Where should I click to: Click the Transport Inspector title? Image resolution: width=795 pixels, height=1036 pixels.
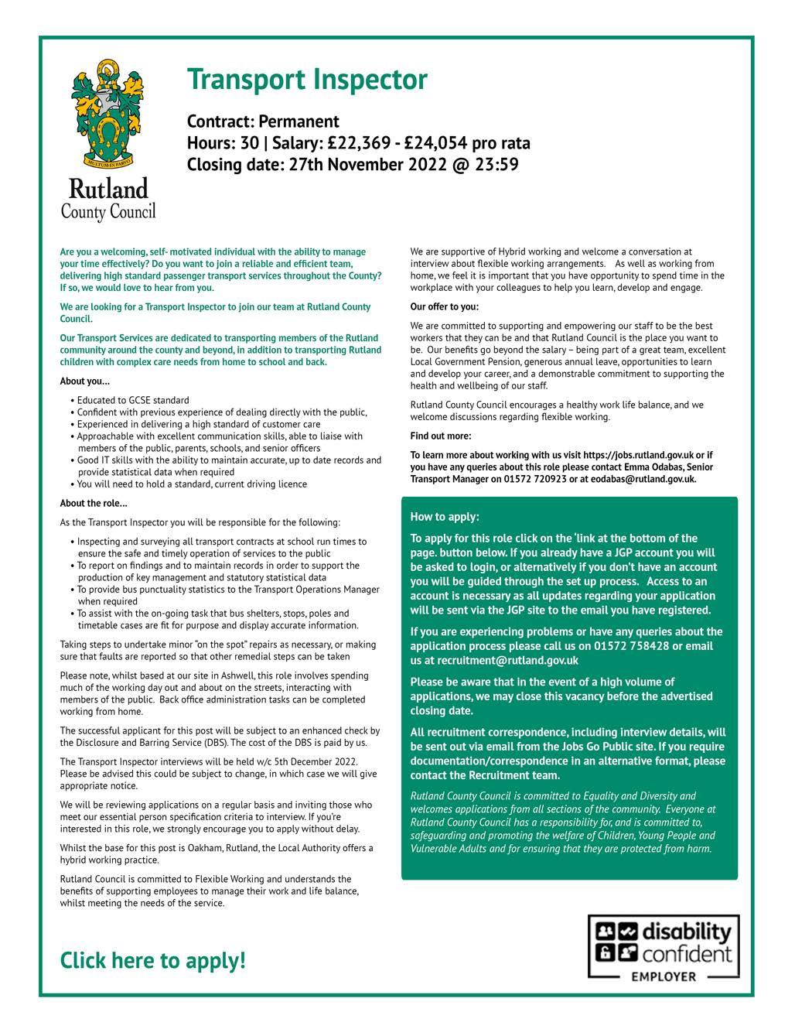tap(306, 80)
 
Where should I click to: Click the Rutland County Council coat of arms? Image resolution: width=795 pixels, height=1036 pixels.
tap(108, 115)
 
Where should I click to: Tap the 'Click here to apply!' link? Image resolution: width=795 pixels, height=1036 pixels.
tap(152, 960)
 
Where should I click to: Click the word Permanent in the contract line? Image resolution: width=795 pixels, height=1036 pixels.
tap(299, 121)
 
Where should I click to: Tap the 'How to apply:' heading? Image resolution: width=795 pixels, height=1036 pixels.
tap(445, 517)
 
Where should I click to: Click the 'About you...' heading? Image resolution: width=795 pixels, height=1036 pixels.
tap(85, 381)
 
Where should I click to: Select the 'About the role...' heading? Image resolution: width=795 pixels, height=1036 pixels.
tap(94, 504)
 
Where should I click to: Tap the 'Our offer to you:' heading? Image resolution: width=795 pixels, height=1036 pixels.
tap(445, 306)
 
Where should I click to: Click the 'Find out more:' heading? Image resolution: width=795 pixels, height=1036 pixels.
tap(441, 436)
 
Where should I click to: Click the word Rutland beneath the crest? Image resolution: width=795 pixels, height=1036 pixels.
tap(108, 189)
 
